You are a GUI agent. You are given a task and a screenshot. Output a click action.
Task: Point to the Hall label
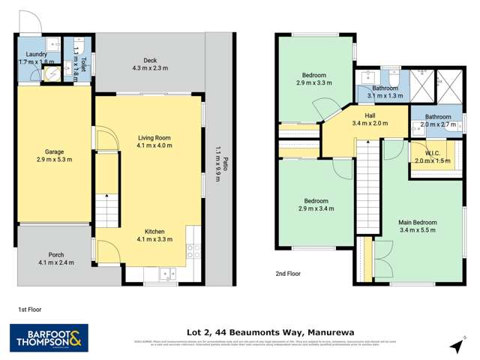coord(370,118)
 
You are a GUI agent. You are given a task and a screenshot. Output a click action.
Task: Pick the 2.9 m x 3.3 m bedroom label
coord(313,79)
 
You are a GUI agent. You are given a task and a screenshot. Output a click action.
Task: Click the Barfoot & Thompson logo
coord(49,338)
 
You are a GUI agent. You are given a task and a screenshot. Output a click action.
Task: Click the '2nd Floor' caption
coord(288,274)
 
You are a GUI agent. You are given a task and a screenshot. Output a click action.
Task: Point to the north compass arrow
coord(456,345)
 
